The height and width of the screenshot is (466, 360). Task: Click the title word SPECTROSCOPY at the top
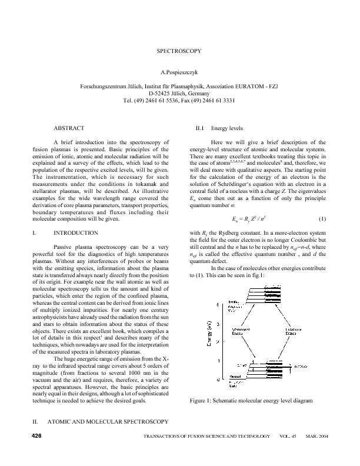click(179, 51)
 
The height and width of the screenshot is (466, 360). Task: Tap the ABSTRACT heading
click(69, 128)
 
